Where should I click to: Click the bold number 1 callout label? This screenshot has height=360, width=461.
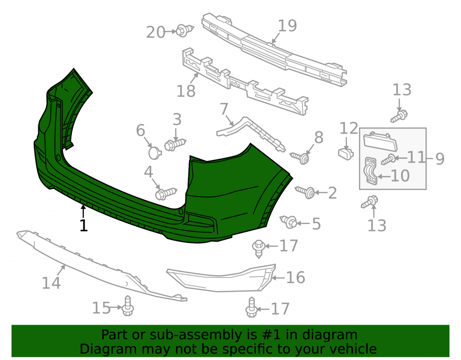[84, 225]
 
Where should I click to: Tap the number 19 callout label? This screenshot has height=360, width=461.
[287, 26]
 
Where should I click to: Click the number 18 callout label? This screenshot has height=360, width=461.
[186, 91]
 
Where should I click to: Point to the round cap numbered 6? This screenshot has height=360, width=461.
[154, 153]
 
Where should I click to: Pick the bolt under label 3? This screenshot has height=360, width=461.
[175, 144]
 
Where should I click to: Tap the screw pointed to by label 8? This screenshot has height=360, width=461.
[300, 158]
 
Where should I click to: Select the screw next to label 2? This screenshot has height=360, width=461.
[305, 192]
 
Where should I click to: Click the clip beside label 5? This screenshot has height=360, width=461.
[289, 221]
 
